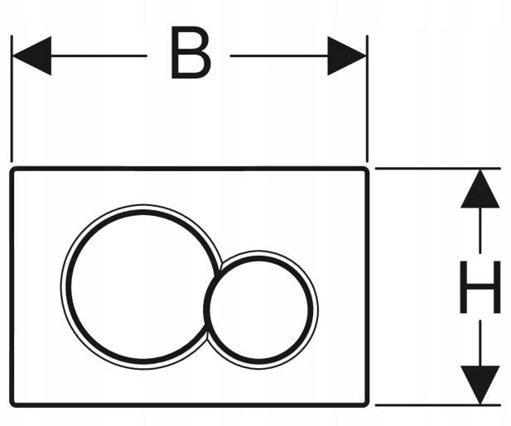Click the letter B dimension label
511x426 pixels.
point(190,53)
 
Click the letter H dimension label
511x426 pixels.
point(480,287)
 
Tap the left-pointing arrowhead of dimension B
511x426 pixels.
point(32,56)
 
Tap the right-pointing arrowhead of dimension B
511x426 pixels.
point(347,56)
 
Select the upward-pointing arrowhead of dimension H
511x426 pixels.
point(480,189)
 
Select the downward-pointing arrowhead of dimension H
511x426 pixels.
point(480,385)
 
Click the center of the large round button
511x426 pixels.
point(142,287)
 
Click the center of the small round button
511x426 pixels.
point(259,309)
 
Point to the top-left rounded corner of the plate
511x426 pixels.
point(13,170)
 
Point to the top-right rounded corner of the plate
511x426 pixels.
point(366,170)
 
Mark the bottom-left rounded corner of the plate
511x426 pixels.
point(13,404)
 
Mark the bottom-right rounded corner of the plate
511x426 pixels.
point(366,404)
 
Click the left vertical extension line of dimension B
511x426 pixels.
point(12,98)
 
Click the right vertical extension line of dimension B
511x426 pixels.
point(367,98)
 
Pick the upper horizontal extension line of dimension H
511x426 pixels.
point(437,168)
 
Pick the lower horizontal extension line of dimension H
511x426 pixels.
point(437,405)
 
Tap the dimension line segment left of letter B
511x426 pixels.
point(99,56)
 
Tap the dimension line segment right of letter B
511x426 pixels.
point(279,56)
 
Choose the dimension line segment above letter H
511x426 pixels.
point(480,231)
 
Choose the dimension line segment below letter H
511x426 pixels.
point(480,343)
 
